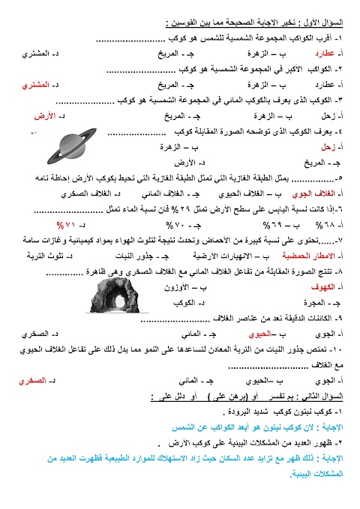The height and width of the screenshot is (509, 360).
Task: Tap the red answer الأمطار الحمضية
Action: [x=305, y=256]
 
